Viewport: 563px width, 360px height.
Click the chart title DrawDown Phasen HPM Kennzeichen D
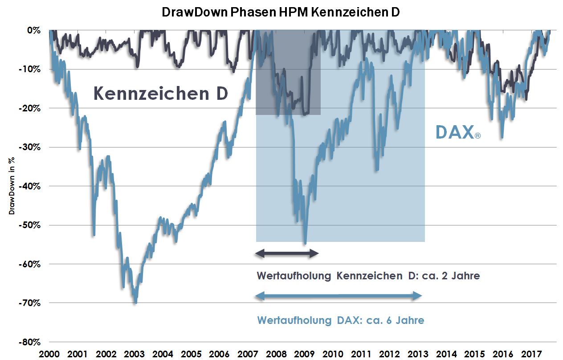click(x=281, y=12)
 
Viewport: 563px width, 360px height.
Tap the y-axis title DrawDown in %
click(x=12, y=186)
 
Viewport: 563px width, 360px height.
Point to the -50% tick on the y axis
click(x=30, y=225)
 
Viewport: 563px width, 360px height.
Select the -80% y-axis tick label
click(x=30, y=342)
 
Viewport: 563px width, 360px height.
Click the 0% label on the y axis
click(x=34, y=30)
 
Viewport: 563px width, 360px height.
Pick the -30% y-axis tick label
click(x=30, y=147)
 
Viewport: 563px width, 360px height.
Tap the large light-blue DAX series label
click(x=455, y=132)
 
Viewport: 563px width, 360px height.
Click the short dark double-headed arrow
click(x=287, y=254)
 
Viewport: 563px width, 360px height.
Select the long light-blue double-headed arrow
click(x=339, y=295)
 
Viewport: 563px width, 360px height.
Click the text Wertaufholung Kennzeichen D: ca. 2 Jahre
click(x=368, y=276)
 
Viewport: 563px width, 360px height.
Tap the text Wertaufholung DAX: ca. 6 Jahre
click(x=340, y=320)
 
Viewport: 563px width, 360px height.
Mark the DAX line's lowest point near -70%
click(x=135, y=303)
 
